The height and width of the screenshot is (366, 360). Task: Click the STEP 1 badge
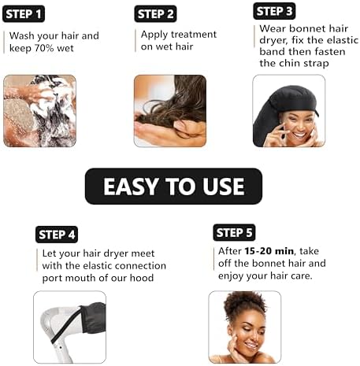[x=24, y=13]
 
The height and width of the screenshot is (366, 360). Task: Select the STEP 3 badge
[x=273, y=11]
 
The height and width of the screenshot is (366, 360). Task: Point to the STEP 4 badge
[x=57, y=235]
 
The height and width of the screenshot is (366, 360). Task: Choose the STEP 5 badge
[x=234, y=232]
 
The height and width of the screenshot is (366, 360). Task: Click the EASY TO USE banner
[x=173, y=187]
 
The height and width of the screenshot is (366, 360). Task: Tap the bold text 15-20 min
[x=261, y=251]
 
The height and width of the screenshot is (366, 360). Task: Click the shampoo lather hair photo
[x=39, y=110]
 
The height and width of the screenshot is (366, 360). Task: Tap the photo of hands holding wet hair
[x=169, y=110]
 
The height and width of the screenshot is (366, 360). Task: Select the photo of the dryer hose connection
[x=69, y=327]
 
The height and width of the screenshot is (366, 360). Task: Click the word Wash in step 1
[x=22, y=35]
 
